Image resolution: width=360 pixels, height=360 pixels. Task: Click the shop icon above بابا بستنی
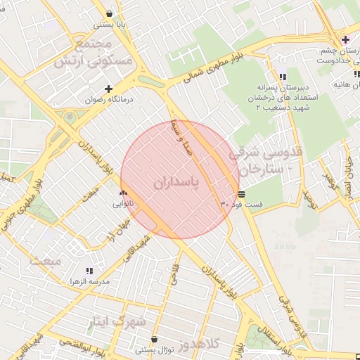point(110,13)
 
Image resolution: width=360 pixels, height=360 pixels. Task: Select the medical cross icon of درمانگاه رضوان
point(108,89)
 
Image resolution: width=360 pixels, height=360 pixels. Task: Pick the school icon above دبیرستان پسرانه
point(282,77)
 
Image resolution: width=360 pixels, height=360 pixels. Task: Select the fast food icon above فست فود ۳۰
point(242,193)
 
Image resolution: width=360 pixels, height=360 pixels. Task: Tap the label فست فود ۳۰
point(242,204)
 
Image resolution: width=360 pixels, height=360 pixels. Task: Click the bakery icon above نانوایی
point(124,193)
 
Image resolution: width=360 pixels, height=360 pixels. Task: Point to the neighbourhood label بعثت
point(46,260)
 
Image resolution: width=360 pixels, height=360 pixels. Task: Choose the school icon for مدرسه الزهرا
point(89,271)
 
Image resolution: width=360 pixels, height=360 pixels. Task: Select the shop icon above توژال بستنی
point(154,339)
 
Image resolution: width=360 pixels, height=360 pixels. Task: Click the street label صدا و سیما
point(181,136)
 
